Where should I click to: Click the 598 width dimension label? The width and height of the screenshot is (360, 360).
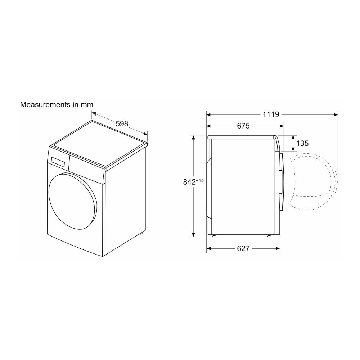pos(122,124)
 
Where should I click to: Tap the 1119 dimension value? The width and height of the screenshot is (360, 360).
pos(271,114)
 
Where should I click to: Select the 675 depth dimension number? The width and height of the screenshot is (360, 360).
pos(243,126)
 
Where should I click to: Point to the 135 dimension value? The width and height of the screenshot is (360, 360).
pos(302,143)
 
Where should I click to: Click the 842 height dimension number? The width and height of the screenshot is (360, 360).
pos(189,182)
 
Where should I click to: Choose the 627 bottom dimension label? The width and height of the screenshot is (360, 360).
pos(243,248)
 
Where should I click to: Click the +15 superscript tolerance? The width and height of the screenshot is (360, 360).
pos(200,180)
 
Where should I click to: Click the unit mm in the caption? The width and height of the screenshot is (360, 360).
pos(87,105)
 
